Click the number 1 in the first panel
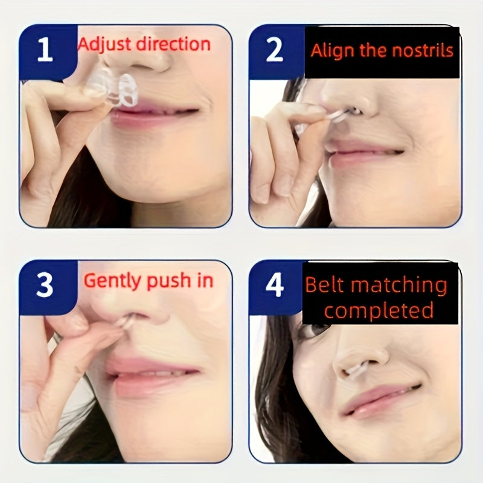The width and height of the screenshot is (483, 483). (x=45, y=49)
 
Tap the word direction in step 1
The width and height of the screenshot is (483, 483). (x=173, y=43)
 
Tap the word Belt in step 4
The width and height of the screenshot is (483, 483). (x=324, y=285)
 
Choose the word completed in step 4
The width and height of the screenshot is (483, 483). (x=379, y=310)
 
